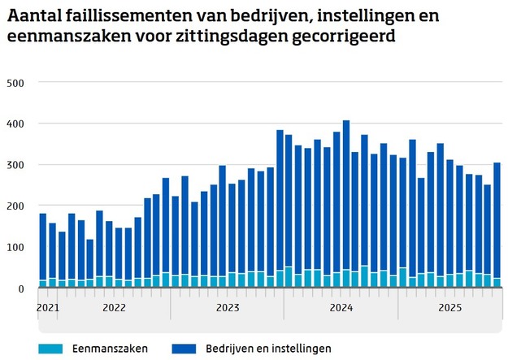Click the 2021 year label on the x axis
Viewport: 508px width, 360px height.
[48, 308]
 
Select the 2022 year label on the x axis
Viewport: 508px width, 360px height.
[113, 308]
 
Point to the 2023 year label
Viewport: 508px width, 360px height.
[227, 308]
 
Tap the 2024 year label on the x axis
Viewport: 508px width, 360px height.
[341, 308]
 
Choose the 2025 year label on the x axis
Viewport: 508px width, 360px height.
[449, 308]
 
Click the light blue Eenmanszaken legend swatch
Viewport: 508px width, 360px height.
[50, 349]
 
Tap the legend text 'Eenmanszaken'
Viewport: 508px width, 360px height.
[105, 349]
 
